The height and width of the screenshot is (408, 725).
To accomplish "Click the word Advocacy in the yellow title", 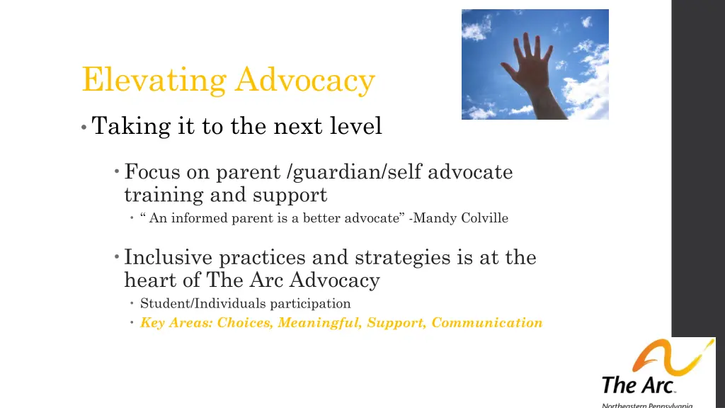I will coord(305,80).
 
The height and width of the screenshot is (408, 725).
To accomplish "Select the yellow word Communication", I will coord(487,323).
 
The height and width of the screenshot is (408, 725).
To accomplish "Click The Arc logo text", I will coord(638,385).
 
